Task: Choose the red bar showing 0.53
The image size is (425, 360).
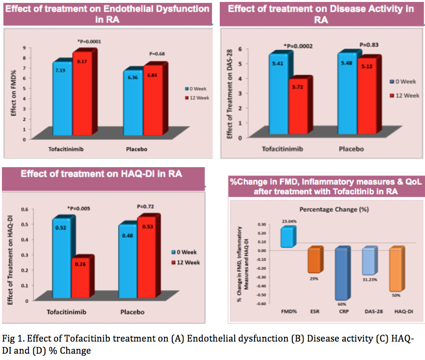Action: click(148, 257)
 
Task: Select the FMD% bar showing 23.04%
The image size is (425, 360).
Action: click(287, 237)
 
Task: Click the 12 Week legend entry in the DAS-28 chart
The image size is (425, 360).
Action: click(404, 95)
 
